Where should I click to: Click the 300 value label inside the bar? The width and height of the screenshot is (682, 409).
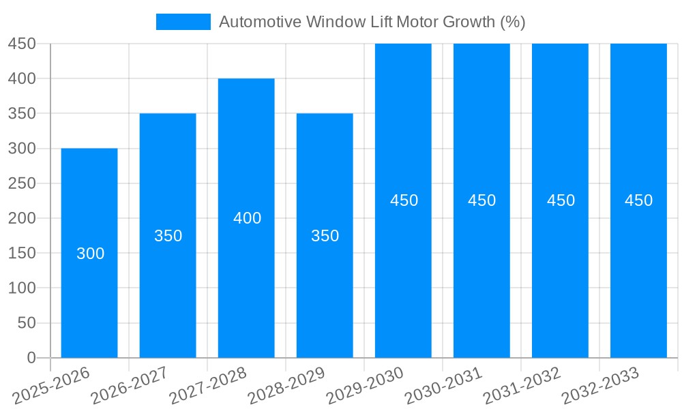pos(90,254)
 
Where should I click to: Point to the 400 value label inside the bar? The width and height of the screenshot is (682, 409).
pos(247,218)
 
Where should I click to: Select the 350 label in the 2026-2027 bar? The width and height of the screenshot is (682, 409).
pos(168,236)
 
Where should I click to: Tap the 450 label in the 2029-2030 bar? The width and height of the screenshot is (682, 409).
pos(404,200)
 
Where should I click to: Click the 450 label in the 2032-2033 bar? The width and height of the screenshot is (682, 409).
pos(639,200)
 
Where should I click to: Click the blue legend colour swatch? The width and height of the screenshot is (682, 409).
pos(183,22)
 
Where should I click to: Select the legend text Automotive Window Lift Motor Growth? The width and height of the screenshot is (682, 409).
pos(372,22)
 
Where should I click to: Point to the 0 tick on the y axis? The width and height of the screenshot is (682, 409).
pos(31,357)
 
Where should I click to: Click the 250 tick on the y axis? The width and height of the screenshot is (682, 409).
pos(22,183)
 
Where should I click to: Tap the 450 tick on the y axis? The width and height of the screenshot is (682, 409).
pos(22,44)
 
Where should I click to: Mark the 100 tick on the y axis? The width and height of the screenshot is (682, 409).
pos(22,288)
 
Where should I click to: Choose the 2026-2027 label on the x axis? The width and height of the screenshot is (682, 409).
pos(130,386)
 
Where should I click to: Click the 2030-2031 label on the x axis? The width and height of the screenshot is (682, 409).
pos(444,386)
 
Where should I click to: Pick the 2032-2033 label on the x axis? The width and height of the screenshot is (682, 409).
pos(601,386)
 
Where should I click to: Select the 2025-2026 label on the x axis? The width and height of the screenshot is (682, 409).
pos(52,386)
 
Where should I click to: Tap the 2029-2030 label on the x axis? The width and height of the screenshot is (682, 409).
pos(366,386)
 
